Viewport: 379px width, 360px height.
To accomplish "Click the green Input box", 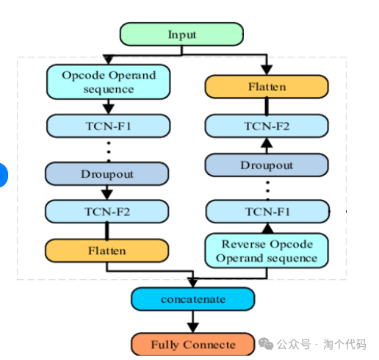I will [181, 34].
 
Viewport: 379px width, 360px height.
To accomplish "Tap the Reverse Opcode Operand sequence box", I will [267, 251].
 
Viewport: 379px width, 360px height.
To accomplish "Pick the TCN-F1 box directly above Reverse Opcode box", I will [267, 212].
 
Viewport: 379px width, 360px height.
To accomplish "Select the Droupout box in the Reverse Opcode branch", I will [267, 165].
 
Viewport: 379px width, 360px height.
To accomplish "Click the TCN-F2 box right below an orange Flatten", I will [267, 126].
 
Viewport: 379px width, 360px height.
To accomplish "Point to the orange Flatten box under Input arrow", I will [267, 87].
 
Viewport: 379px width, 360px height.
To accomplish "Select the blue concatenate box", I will [193, 299].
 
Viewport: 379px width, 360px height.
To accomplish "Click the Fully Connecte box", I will [193, 344].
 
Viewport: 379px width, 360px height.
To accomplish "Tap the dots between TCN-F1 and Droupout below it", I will [108, 149].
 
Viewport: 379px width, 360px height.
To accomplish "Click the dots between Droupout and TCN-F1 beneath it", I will [267, 188].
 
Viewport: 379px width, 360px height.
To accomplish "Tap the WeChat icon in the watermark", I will [267, 344].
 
